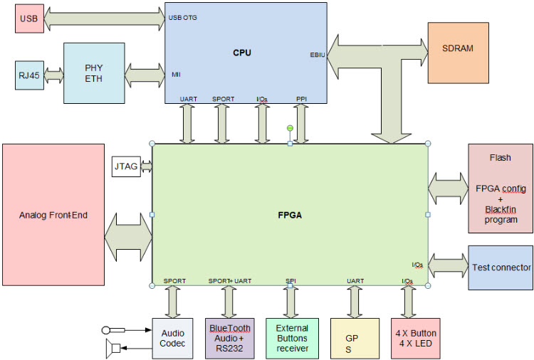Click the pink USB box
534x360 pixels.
click(28, 18)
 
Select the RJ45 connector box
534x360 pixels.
click(29, 75)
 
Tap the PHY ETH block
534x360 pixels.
click(93, 73)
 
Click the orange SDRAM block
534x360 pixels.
click(457, 48)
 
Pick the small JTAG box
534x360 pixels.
click(126, 166)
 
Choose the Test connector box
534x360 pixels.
click(501, 268)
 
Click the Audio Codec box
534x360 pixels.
click(172, 338)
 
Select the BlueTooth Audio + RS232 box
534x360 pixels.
click(229, 338)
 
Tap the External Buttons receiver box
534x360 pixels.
click(292, 338)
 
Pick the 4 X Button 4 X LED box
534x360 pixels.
click(416, 338)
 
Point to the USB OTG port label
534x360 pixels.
click(183, 17)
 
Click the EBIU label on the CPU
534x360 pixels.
click(318, 54)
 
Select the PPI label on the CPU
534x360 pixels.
click(301, 99)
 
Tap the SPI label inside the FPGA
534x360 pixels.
click(290, 281)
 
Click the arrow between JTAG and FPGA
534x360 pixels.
click(147, 166)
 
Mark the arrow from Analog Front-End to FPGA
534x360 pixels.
click(128, 235)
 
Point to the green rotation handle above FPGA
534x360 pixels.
click(290, 128)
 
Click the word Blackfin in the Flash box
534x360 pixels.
click(500, 210)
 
